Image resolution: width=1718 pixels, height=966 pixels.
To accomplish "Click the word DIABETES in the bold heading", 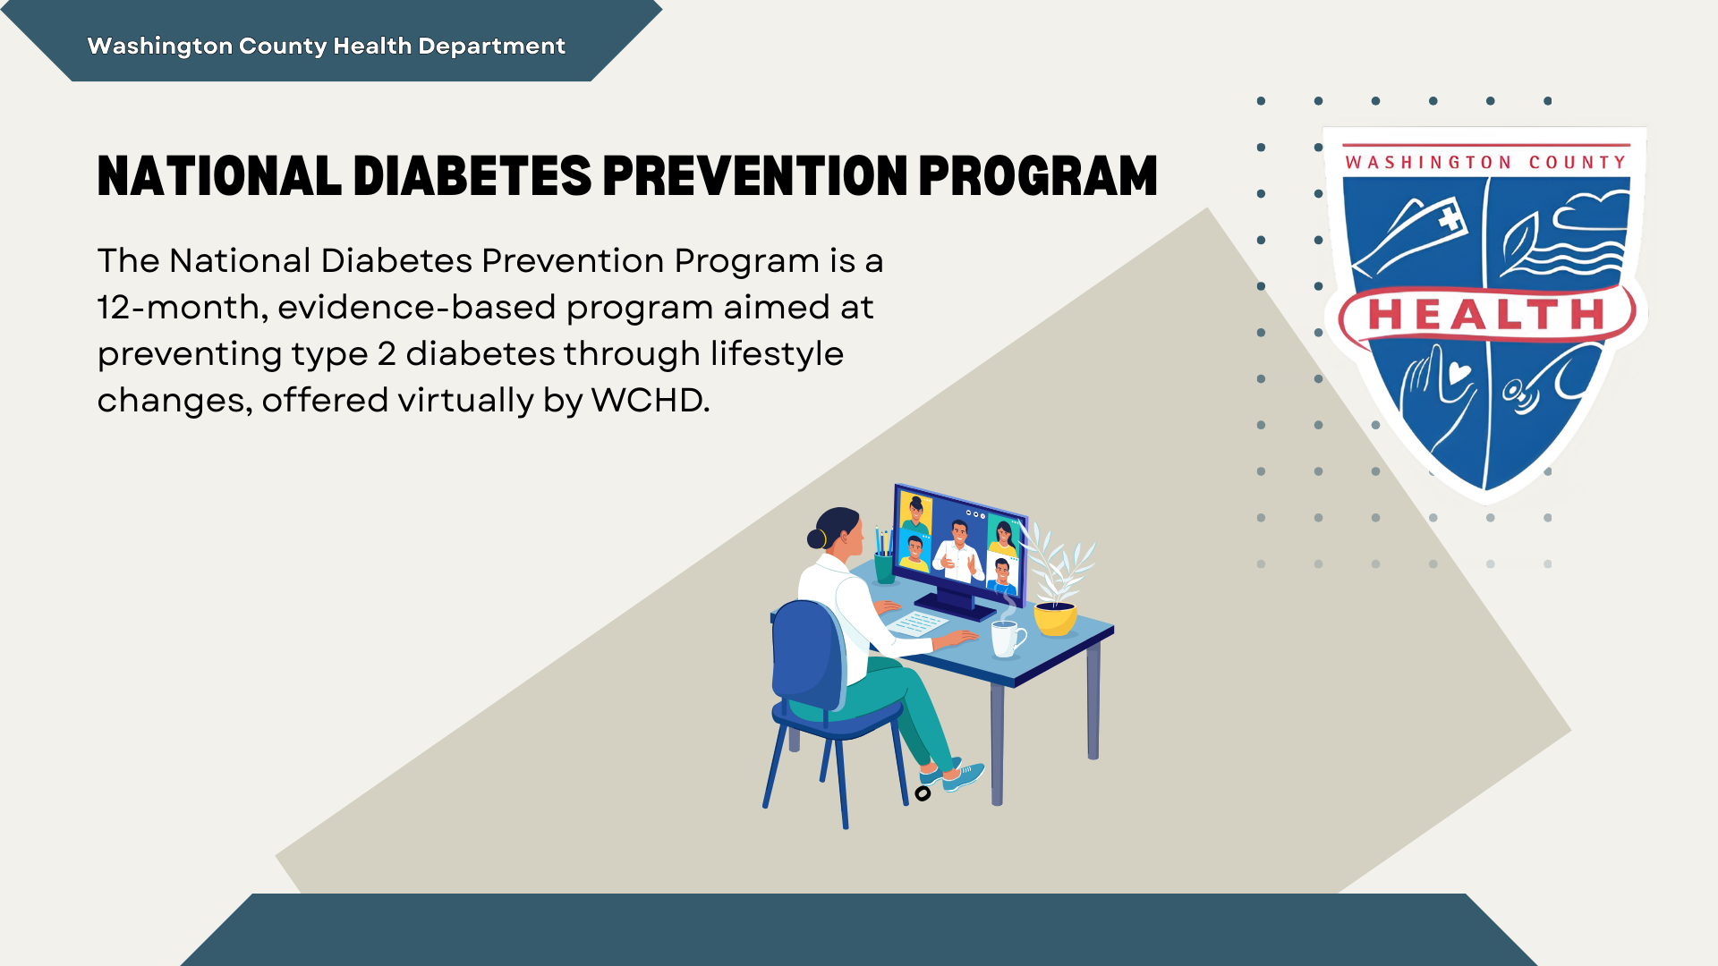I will point(472,175).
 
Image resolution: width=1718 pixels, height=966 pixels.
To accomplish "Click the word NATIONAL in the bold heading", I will point(219,175).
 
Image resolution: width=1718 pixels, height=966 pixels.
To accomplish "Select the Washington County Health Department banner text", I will point(326,46).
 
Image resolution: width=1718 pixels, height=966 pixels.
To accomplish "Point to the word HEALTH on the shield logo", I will point(1486,315).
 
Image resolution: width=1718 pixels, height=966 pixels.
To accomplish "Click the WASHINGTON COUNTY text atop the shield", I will point(1485,163).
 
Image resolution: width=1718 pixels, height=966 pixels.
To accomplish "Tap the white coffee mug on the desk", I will point(1007,639).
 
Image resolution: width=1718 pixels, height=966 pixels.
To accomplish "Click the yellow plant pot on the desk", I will point(1055,619).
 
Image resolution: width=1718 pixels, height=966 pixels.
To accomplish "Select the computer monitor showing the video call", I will point(959,546).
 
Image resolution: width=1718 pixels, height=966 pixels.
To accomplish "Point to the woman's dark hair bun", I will point(816,538).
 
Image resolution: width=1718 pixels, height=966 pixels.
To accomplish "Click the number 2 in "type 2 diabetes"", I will point(387,354).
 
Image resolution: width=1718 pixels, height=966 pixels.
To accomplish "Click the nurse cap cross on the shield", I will point(1449,217).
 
